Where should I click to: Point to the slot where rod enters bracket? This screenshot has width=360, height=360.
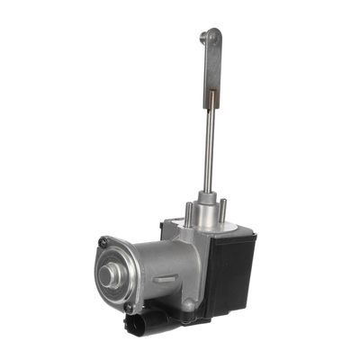click(x=211, y=92)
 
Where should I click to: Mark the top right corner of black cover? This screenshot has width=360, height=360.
click(x=256, y=236)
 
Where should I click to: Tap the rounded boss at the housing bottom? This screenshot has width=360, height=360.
click(x=188, y=309)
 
